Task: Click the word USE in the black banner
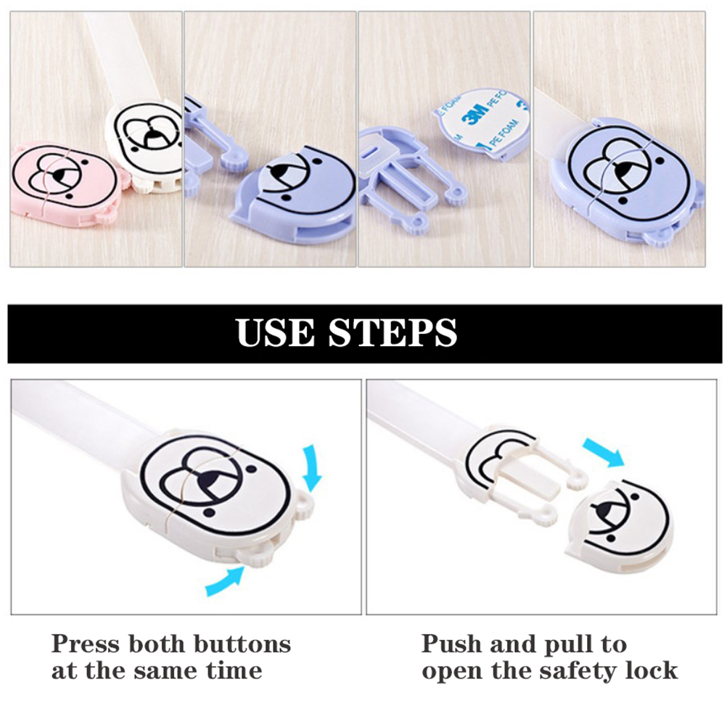274,332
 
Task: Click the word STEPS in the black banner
393,332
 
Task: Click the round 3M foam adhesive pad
482,124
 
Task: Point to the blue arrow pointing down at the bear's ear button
311,467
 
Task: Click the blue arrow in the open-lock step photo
603,451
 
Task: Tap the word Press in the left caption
86,644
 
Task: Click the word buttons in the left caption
242,644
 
